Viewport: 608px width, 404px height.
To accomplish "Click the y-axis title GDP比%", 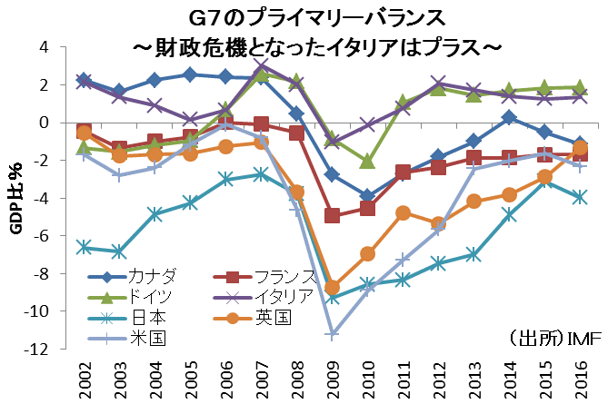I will pos(15,198).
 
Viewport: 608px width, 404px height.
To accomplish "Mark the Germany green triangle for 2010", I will pos(368,161).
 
